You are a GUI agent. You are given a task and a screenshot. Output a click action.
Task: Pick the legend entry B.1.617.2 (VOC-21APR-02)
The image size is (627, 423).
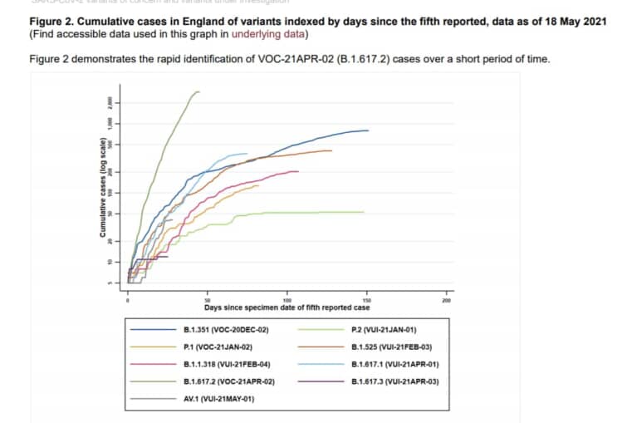(228, 381)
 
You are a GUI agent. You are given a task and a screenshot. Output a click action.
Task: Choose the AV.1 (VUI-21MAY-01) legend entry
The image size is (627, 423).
(218, 398)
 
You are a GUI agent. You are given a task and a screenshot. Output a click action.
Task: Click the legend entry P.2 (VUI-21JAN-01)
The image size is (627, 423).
(384, 330)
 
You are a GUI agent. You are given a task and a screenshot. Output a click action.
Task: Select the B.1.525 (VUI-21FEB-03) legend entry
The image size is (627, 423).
(391, 347)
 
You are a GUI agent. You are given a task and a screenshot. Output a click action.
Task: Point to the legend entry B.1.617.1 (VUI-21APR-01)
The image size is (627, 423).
(394, 364)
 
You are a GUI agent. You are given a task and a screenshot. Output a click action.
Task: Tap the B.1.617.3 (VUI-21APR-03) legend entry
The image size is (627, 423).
(394, 381)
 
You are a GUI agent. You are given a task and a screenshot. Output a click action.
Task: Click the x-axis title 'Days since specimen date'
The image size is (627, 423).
(287, 308)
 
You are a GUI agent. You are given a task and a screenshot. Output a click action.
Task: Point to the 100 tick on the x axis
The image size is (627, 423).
(287, 300)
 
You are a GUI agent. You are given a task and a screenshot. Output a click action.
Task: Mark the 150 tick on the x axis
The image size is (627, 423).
(367, 300)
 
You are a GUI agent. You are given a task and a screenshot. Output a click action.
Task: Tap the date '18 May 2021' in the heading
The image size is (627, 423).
(573, 20)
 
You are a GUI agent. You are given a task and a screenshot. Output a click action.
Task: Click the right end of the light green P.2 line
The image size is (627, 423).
(365, 212)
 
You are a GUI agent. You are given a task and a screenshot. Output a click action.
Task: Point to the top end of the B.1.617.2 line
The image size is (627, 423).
(199, 91)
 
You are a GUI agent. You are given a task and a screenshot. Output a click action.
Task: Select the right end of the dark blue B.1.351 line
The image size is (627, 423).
(368, 130)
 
